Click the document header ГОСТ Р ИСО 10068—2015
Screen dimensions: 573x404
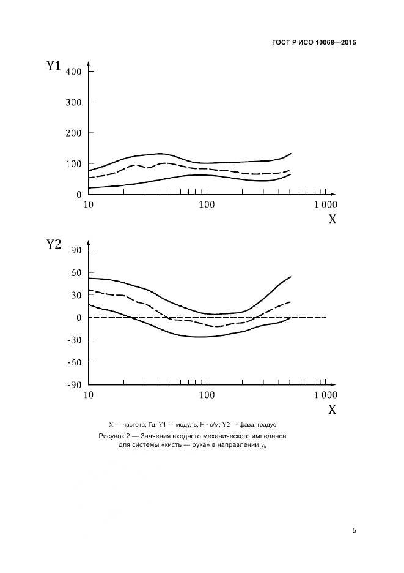tap(314, 43)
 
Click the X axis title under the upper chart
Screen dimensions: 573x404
tap(332, 219)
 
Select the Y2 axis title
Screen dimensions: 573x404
tap(54, 245)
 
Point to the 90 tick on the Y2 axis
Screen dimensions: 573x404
tap(77, 250)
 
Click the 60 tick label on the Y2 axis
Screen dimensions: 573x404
tap(77, 272)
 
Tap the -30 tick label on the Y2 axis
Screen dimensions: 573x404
tap(75, 340)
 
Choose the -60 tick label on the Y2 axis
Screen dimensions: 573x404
tap(75, 362)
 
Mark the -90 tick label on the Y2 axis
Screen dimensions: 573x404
tap(75, 385)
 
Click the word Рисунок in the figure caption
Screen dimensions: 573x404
tap(112, 436)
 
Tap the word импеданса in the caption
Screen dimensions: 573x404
tap(266, 436)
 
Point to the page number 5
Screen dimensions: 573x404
tap(354, 530)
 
